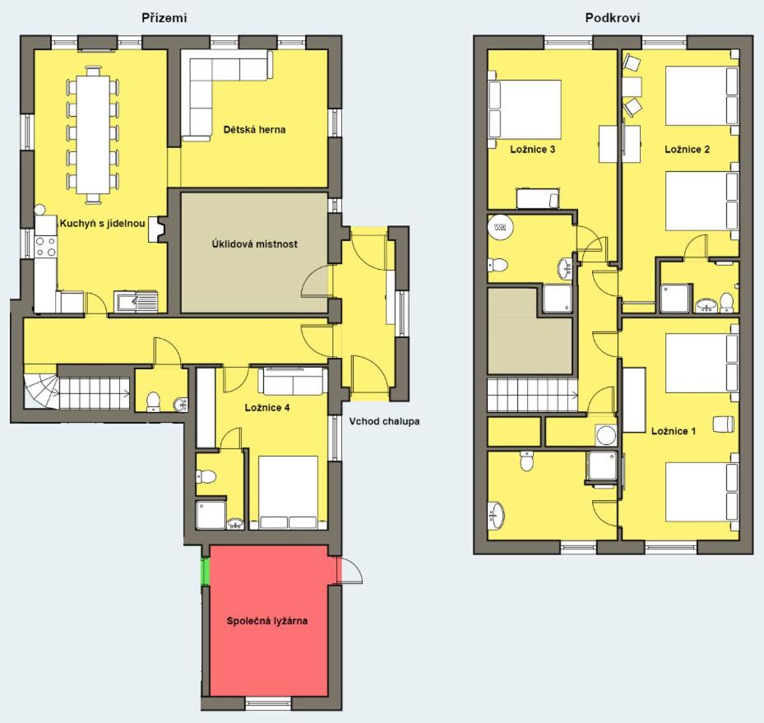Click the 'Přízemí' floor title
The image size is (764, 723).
point(164,18)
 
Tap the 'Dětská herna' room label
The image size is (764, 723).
point(254,130)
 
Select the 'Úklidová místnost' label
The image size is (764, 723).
point(254,244)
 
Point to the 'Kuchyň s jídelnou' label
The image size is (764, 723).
point(102,224)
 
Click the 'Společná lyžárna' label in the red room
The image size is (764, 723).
point(267,621)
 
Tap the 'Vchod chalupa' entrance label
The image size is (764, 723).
point(384,421)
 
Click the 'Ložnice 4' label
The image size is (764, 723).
point(267,408)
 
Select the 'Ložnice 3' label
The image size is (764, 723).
point(533,150)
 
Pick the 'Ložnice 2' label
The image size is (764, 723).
point(687,150)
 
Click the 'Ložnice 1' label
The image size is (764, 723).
point(674,431)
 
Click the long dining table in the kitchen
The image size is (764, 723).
point(93,134)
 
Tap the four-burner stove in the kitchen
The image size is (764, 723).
point(45,246)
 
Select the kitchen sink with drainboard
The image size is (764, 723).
point(136,302)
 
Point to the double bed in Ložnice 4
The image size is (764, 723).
point(288,493)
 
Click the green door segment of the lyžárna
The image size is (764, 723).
point(205,571)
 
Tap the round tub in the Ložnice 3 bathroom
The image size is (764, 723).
point(500,227)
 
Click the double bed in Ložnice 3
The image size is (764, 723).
point(525,109)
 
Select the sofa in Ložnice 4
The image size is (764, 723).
point(292,382)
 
